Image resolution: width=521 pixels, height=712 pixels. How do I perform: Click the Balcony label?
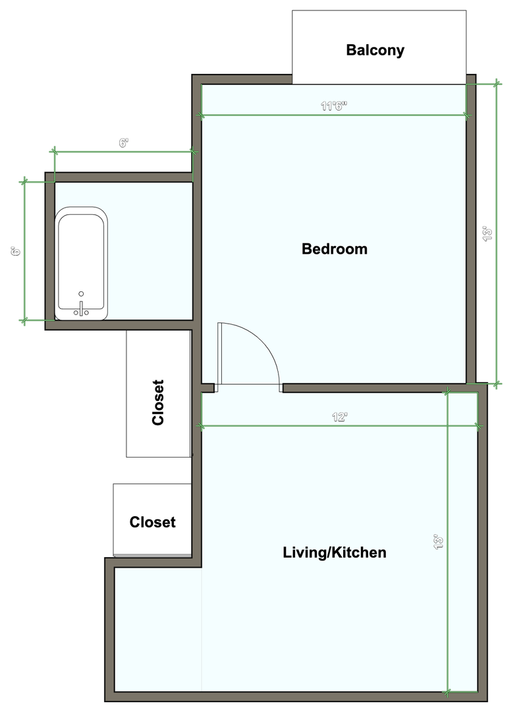point(375,50)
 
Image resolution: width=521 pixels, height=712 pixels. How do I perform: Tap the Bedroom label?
point(335,249)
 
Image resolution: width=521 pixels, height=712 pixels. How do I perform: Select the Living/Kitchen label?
point(335,552)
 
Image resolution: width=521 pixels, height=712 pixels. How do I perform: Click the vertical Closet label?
point(158,402)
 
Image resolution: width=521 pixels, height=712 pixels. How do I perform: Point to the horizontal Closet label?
point(153,522)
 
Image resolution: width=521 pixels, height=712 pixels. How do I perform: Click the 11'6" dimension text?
point(334,106)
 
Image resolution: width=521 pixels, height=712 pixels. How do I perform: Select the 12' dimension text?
point(339,417)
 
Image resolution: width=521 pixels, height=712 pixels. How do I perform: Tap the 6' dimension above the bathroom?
point(124,143)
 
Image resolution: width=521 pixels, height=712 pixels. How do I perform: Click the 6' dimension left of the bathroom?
point(16,251)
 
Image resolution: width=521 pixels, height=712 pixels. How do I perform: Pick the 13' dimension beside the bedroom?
point(488,233)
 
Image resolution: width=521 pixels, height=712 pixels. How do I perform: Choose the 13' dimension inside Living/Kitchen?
point(439,542)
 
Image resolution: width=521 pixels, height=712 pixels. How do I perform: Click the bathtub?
point(81,263)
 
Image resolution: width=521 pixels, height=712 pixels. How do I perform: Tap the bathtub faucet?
point(81,309)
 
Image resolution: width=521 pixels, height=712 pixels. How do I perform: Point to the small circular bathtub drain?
point(81,294)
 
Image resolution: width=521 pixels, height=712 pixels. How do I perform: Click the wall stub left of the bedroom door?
point(208,388)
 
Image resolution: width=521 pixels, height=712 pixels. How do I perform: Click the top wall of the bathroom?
point(119,177)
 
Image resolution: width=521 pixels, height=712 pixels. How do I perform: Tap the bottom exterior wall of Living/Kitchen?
point(296,697)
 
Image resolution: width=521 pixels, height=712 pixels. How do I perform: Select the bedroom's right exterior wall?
point(471,229)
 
